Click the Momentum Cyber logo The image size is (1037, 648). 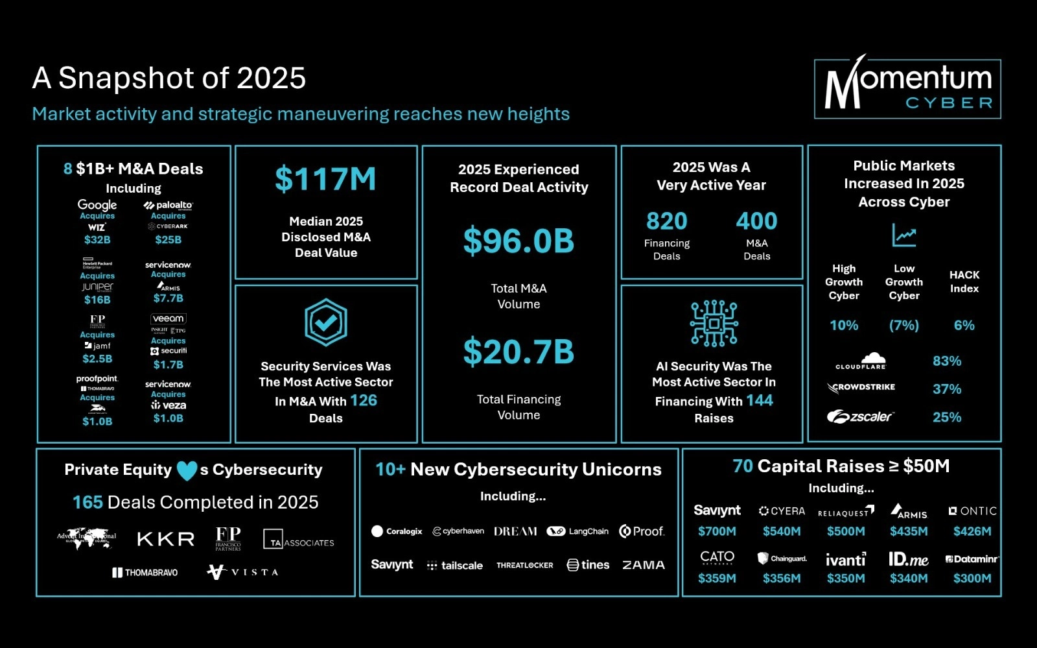point(907,89)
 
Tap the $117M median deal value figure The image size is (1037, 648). point(325,179)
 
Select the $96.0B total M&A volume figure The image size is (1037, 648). point(518,241)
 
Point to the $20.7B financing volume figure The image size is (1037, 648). point(518,352)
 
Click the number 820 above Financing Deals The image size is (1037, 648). point(666,221)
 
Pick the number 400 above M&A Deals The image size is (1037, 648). point(756,221)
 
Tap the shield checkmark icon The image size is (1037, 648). point(326,322)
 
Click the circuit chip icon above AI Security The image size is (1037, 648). point(714,322)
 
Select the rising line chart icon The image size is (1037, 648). point(903,235)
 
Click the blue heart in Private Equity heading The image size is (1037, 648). point(187,470)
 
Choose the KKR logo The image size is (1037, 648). point(166,539)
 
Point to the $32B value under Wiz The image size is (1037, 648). point(97,239)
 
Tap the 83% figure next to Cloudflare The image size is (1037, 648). point(947,361)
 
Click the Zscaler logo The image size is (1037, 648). point(860,416)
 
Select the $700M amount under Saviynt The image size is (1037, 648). point(717,531)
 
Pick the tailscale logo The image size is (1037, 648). point(455,566)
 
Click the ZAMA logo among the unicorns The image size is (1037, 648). point(643,565)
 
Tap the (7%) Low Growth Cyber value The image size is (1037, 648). point(904,325)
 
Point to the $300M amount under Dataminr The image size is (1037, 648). point(972,578)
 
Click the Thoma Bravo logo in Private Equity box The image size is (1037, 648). point(145,572)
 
